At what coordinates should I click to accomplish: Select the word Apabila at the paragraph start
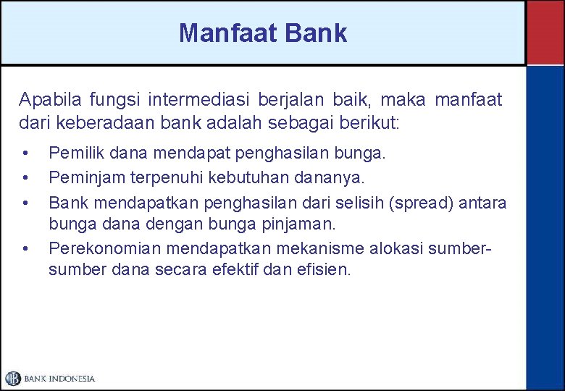click(46, 98)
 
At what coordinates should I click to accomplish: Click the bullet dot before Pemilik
click(25, 154)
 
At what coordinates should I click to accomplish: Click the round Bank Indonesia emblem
click(13, 378)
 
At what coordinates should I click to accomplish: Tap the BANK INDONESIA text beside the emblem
click(59, 379)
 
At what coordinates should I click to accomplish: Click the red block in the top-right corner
click(545, 33)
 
